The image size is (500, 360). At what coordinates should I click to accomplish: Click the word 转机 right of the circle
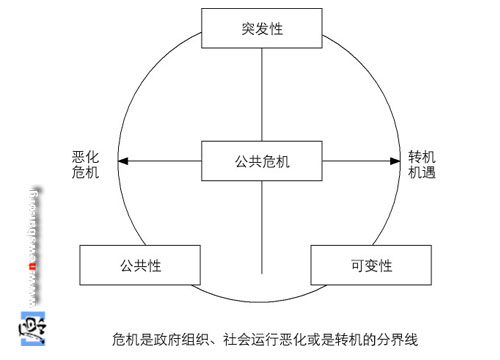click(421, 157)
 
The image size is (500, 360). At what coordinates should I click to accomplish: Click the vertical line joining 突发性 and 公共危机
click(262, 95)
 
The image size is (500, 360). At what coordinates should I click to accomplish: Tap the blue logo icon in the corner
click(31, 329)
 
